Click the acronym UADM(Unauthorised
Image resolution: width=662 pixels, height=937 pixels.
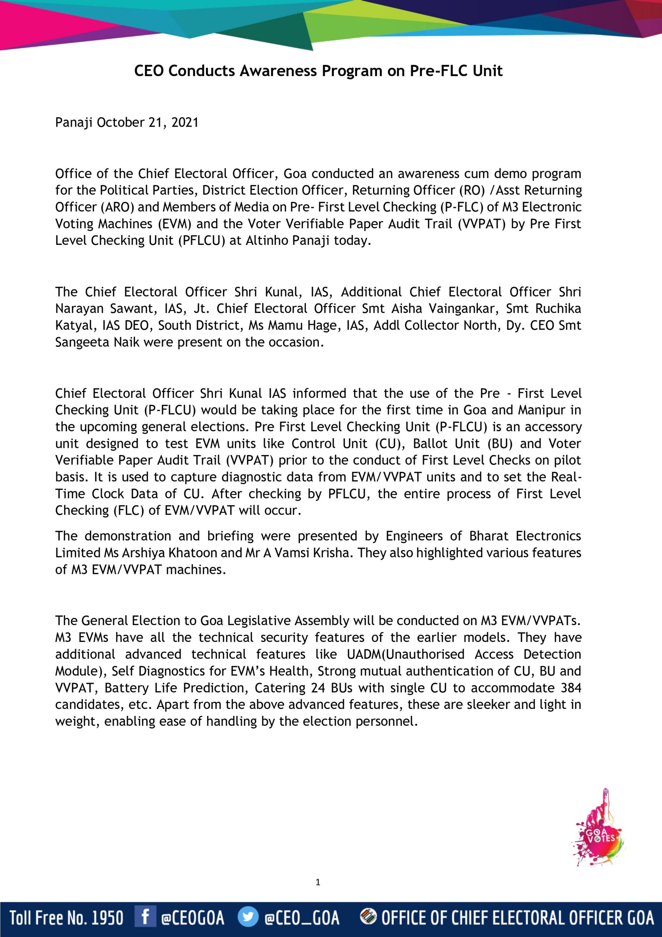406,654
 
